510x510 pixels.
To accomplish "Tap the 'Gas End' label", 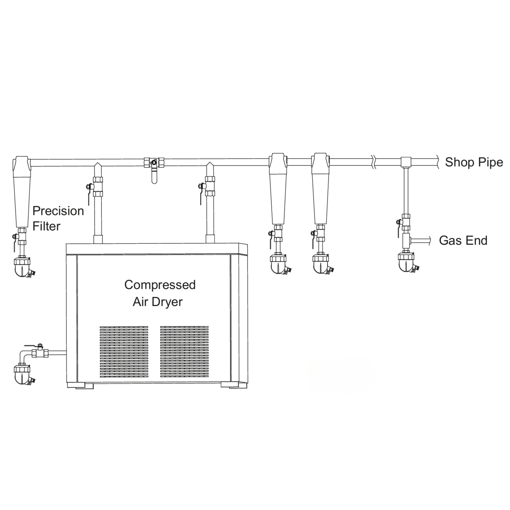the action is [463, 240].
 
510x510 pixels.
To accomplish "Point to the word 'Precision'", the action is [58, 211].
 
